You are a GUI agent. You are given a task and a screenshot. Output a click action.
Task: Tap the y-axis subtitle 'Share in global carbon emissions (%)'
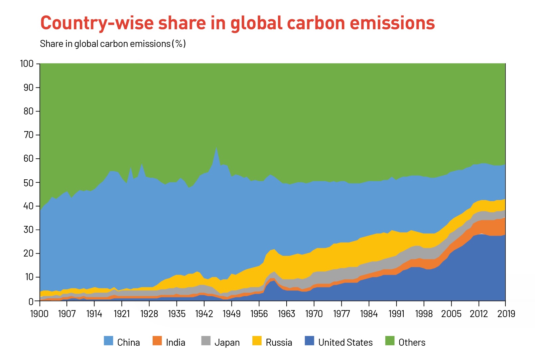pyautogui.click(x=113, y=44)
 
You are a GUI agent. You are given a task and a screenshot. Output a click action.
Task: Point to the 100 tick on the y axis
pyautogui.click(x=27, y=64)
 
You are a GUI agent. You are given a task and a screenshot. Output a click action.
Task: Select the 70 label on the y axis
pyautogui.click(x=29, y=135)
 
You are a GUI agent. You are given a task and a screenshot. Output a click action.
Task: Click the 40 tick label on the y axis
pyautogui.click(x=29, y=206)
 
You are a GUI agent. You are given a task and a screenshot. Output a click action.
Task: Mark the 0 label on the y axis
pyautogui.click(x=31, y=301)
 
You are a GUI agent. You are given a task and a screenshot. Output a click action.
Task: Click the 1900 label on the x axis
pyautogui.click(x=39, y=314)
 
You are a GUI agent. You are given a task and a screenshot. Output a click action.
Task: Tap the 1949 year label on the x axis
pyautogui.click(x=231, y=314)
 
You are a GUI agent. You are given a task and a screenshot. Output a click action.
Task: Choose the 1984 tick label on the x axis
pyautogui.click(x=369, y=314)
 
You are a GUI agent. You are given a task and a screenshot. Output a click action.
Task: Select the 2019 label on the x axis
pyautogui.click(x=506, y=314)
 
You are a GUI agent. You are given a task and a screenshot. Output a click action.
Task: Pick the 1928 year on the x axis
pyautogui.click(x=149, y=314)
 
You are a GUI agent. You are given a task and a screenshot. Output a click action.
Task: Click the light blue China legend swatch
pyautogui.click(x=108, y=341)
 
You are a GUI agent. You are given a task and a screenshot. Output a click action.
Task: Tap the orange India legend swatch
pyautogui.click(x=157, y=341)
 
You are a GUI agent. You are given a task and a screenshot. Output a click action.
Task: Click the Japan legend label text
pyautogui.click(x=227, y=342)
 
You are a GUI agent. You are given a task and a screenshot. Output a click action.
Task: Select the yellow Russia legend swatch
pyautogui.click(x=257, y=341)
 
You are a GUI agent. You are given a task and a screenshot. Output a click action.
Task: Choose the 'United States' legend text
pyautogui.click(x=345, y=342)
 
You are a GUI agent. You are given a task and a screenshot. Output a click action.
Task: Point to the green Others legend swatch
pyautogui.click(x=390, y=341)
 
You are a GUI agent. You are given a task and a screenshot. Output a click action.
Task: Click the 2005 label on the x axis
pyautogui.click(x=451, y=314)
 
